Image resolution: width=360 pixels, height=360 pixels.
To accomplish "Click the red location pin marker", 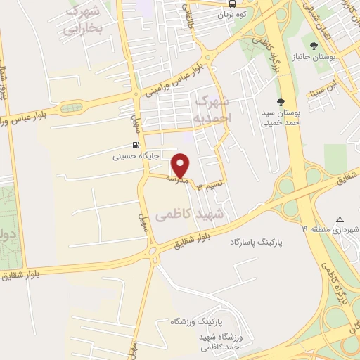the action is tap(181, 165).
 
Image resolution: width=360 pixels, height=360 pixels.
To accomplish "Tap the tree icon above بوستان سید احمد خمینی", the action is tap(281, 102).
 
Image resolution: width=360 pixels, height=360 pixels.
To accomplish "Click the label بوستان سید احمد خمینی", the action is tap(281, 117).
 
